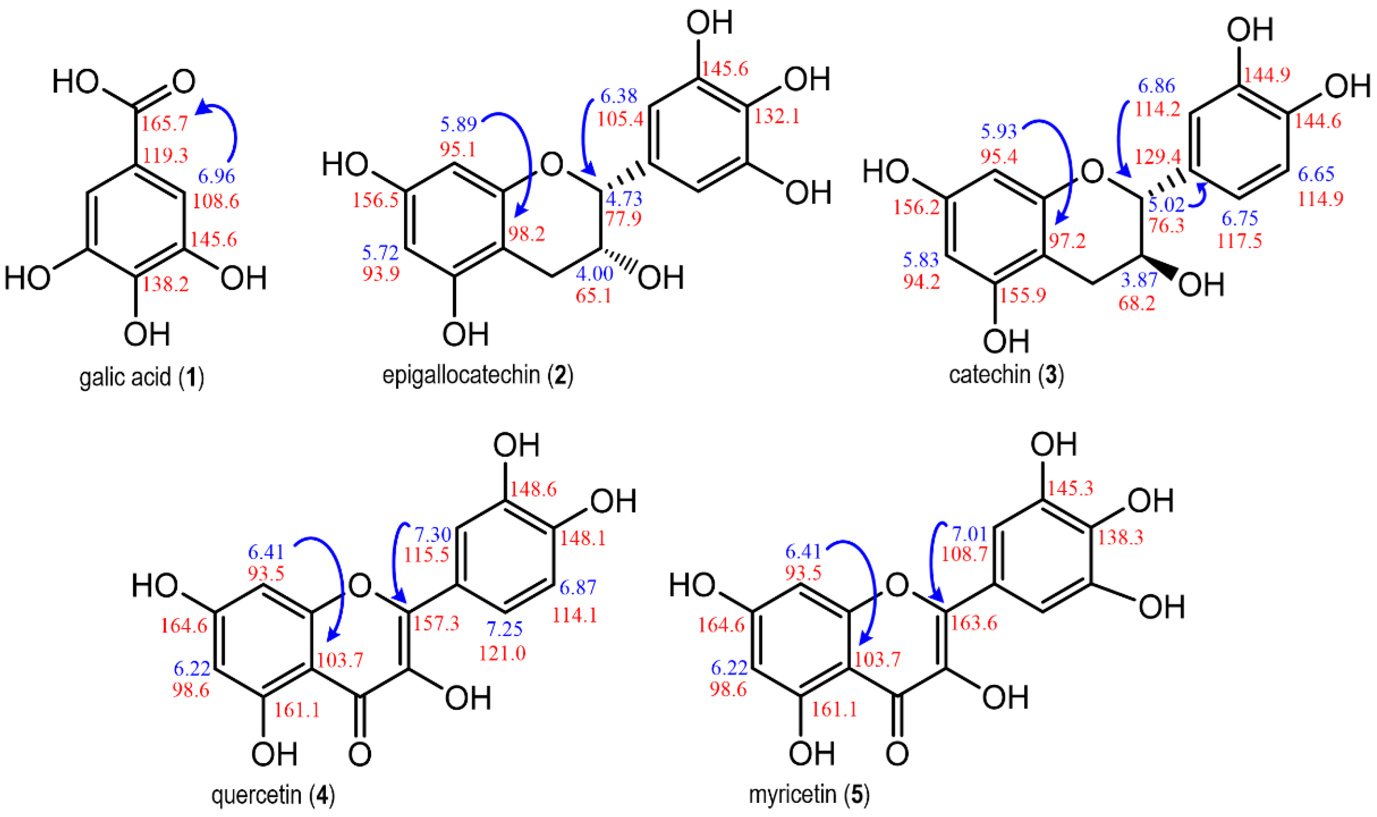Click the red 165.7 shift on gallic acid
pos(165,123)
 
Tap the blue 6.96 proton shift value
pos(217,176)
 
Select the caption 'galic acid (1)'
pos(141,378)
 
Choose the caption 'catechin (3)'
pos(1006,376)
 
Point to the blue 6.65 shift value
pos(1316,175)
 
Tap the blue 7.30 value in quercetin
pos(433,534)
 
